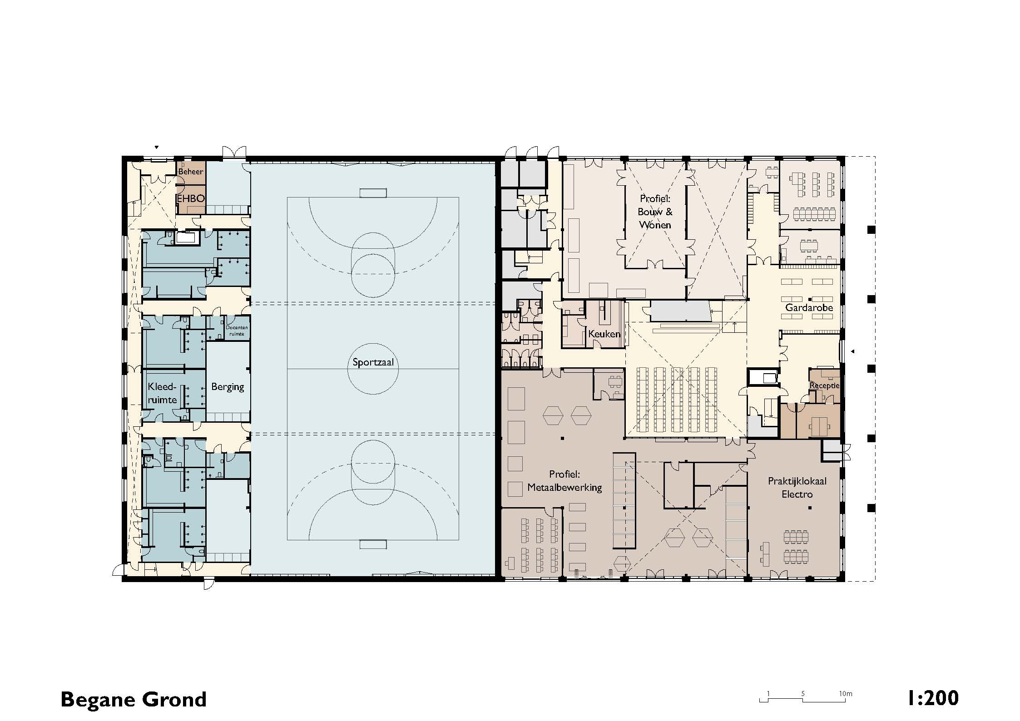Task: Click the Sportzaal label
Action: click(373, 362)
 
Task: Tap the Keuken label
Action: click(604, 334)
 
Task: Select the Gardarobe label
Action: click(809, 307)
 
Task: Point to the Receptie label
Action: click(825, 385)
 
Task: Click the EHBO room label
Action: click(191, 198)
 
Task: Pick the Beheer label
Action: click(191, 172)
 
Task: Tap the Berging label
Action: click(228, 387)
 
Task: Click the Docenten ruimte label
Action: click(237, 331)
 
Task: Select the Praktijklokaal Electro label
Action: click(797, 488)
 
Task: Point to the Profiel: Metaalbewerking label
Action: click(564, 481)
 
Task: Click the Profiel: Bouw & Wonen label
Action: click(655, 212)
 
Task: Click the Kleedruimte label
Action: click(162, 393)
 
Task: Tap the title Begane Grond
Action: click(134, 700)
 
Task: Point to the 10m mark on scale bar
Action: click(845, 694)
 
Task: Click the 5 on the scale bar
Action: click(803, 694)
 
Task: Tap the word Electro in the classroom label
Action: click(797, 494)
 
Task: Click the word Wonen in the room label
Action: click(655, 225)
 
